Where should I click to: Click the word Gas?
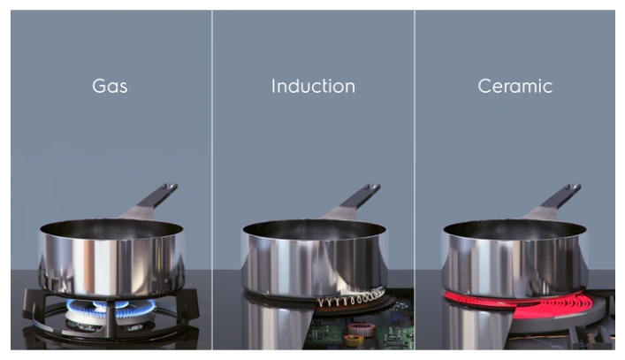[x=110, y=86]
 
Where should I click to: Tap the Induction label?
[x=313, y=86]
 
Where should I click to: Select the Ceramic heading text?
[x=515, y=86]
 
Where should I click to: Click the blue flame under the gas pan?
[x=111, y=308]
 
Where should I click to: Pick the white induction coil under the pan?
[x=352, y=298]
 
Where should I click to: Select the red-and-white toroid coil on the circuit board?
[x=359, y=329]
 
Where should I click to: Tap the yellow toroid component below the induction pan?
[x=353, y=340]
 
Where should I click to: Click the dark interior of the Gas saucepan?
[x=111, y=229]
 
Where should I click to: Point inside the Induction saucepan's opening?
[x=314, y=230]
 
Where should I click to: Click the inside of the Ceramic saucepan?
[x=514, y=230]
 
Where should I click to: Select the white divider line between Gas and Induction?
[x=212, y=180]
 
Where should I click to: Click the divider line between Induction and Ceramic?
[x=415, y=180]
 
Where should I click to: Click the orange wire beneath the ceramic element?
[x=538, y=338]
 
